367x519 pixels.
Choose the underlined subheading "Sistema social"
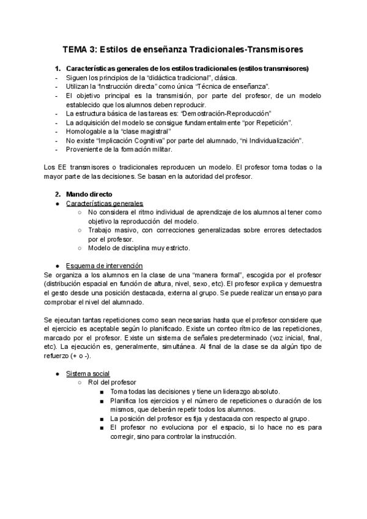click(x=88, y=373)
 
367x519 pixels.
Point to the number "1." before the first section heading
click(x=59, y=69)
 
